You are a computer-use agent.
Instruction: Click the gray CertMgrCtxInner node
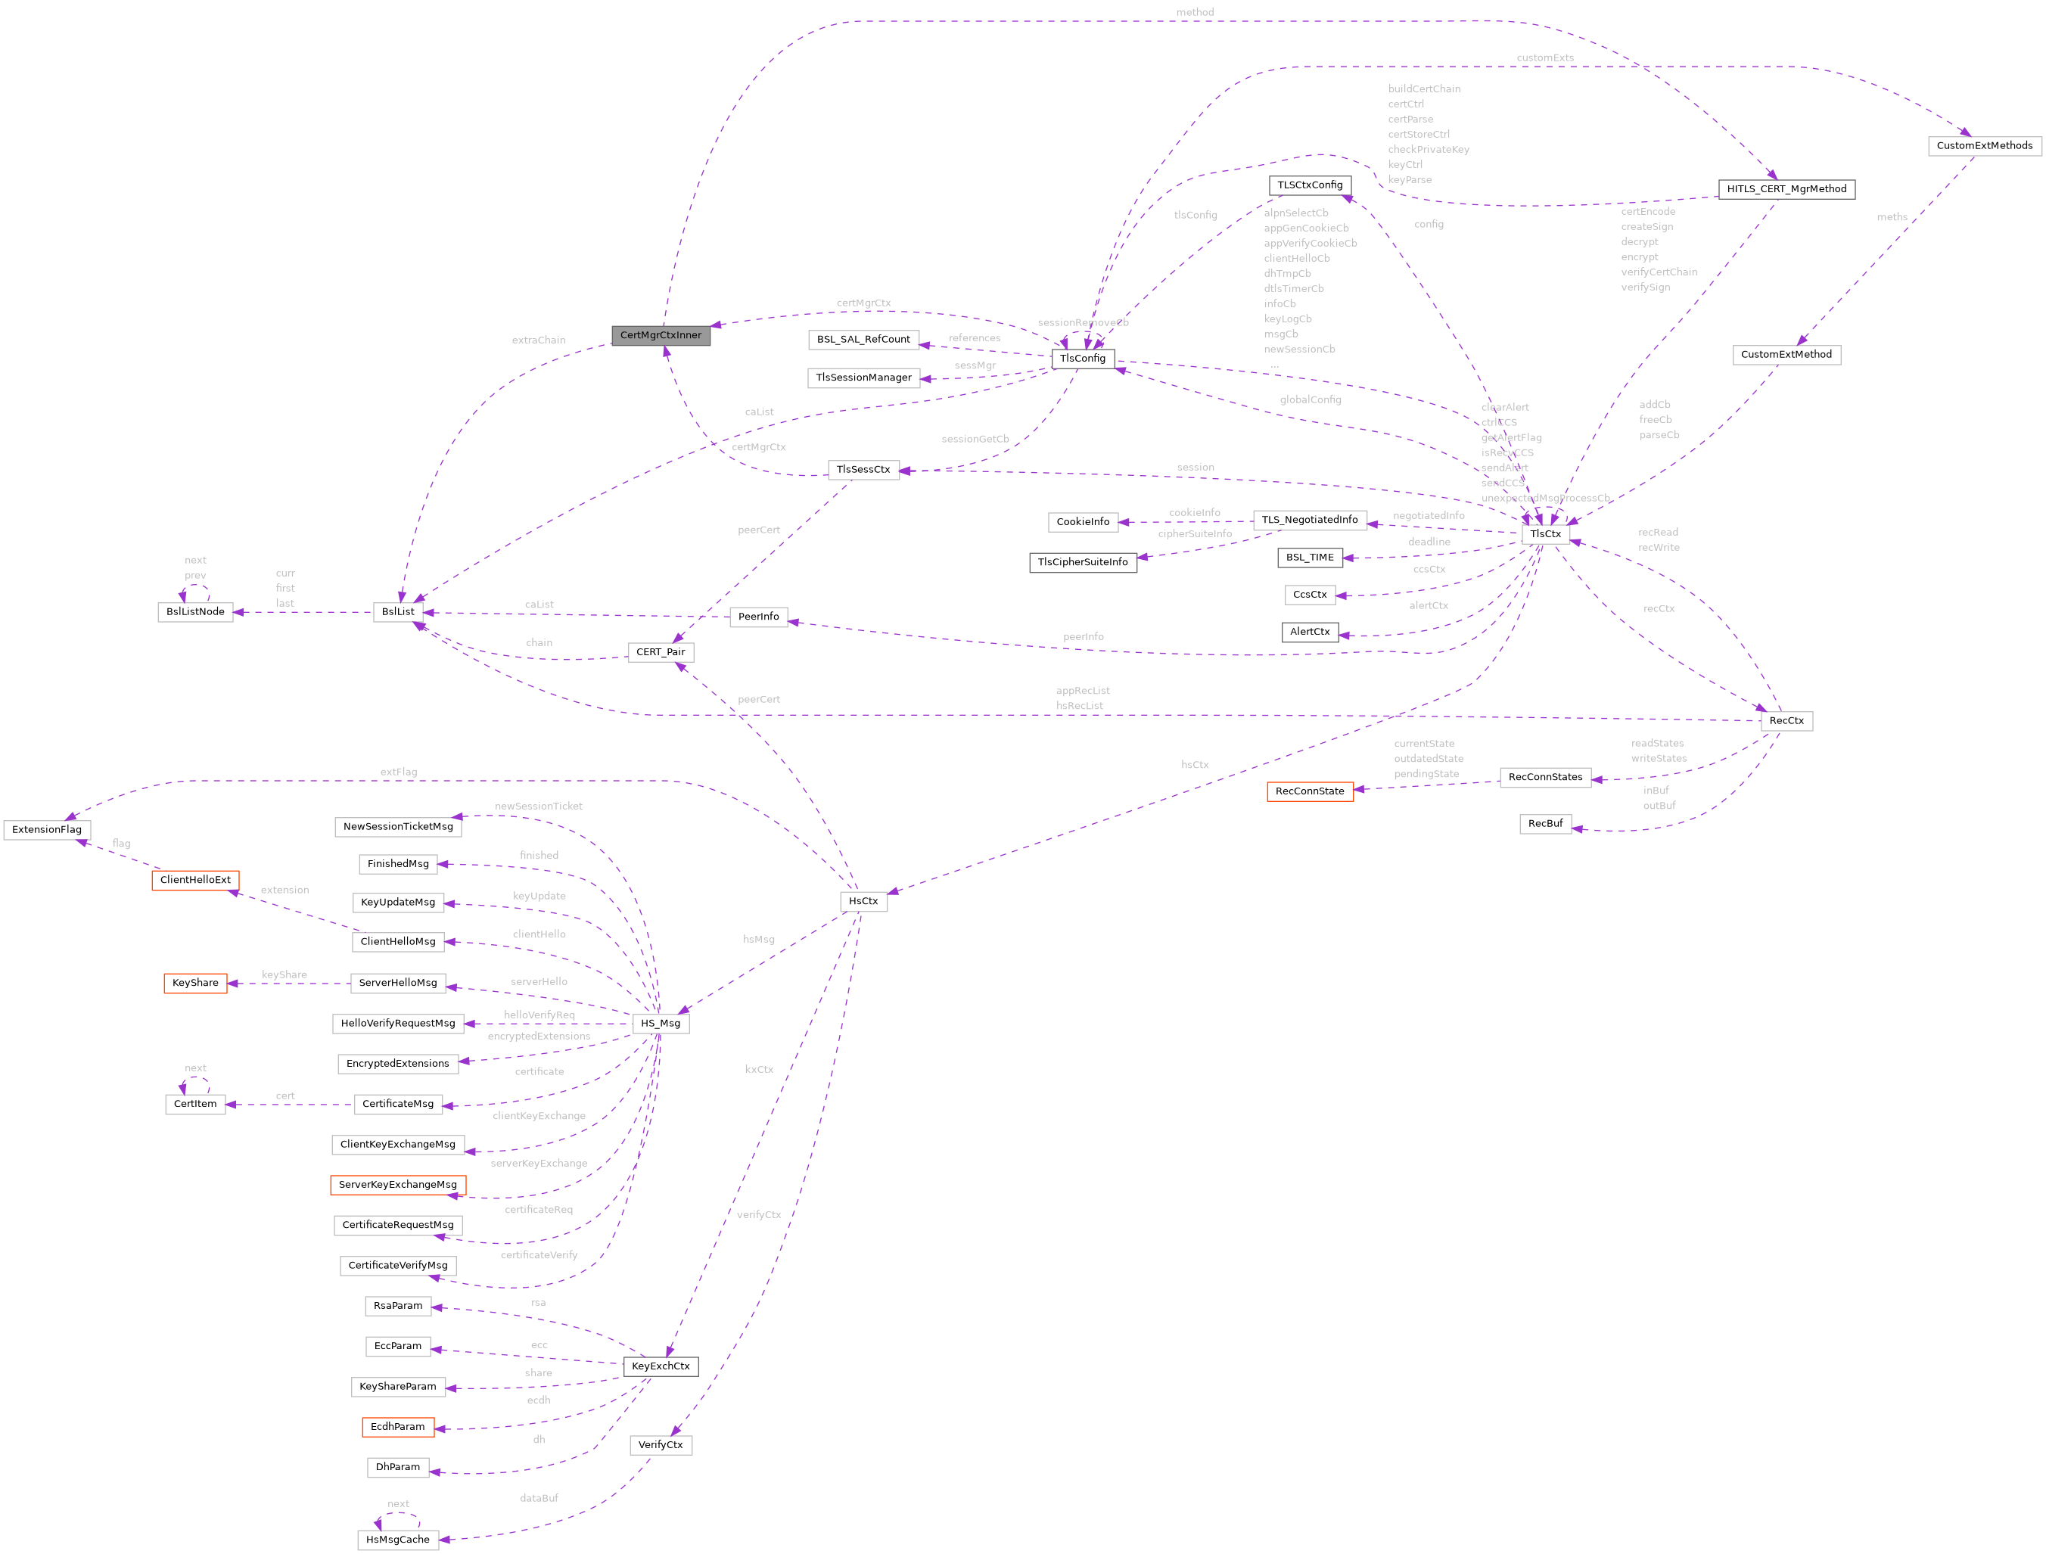[661, 336]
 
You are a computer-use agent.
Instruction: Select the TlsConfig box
[1082, 359]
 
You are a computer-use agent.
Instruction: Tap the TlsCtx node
[1544, 533]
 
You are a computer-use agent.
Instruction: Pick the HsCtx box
[863, 901]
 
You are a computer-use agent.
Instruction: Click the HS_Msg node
[661, 1023]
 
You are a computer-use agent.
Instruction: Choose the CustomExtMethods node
[1984, 146]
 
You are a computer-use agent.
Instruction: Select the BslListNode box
[195, 612]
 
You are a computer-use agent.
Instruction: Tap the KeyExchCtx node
[661, 1366]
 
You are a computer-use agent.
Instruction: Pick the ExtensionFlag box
[47, 830]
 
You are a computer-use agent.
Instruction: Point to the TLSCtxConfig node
[1310, 185]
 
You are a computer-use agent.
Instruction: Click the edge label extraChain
[538, 340]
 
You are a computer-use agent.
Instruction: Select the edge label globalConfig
[1310, 399]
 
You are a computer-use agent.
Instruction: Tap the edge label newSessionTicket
[538, 807]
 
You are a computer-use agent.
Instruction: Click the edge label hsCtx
[1194, 765]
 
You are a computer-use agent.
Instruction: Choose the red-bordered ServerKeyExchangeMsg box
[398, 1185]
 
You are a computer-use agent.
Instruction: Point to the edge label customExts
[1544, 58]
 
